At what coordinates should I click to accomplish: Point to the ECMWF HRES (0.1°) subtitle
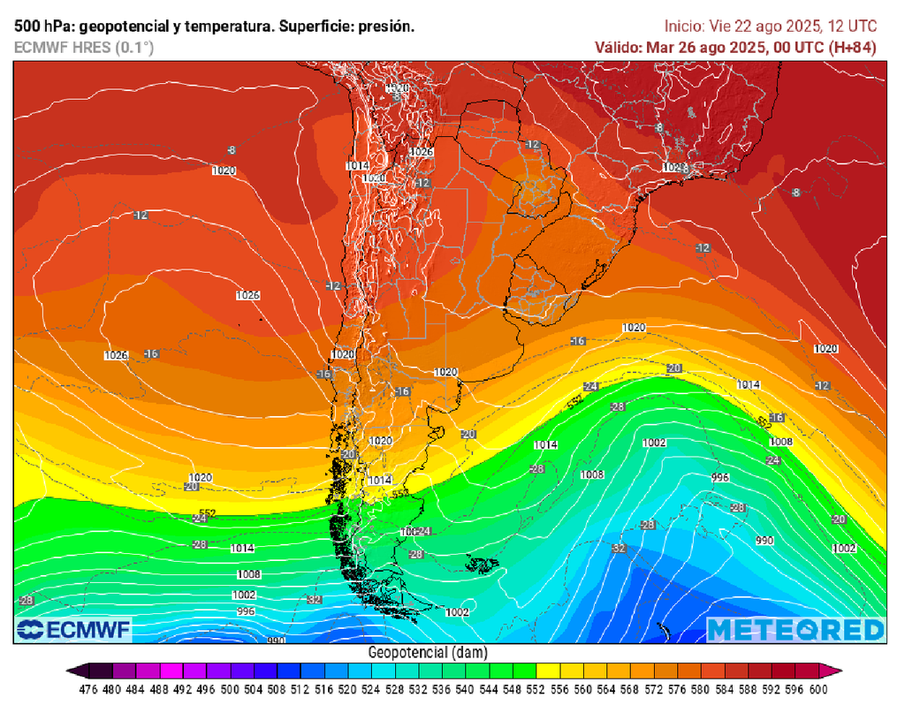point(84,48)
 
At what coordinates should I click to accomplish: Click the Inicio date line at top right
point(770,27)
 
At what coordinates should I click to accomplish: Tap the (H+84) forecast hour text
point(850,48)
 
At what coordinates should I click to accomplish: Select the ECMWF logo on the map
point(74,629)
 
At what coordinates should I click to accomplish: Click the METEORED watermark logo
point(795,629)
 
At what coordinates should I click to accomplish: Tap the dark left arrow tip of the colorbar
point(72,671)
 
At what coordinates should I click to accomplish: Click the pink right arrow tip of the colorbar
point(835,671)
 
